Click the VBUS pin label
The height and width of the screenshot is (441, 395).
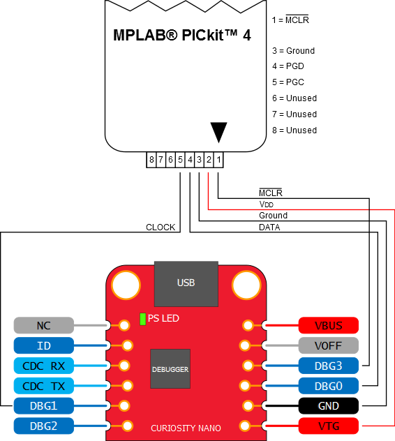pyautogui.click(x=328, y=325)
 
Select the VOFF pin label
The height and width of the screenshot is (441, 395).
pyautogui.click(x=328, y=345)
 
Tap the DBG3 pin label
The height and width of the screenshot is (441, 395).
pyautogui.click(x=328, y=365)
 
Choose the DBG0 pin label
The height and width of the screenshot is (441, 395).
pyautogui.click(x=328, y=385)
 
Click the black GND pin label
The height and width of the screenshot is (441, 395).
pyautogui.click(x=328, y=405)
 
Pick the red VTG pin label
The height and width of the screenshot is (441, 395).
pyautogui.click(x=328, y=425)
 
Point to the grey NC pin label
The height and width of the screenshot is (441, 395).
pyautogui.click(x=43, y=325)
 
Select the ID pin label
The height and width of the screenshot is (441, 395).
pyautogui.click(x=43, y=345)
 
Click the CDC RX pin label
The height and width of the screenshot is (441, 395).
pyautogui.click(x=43, y=365)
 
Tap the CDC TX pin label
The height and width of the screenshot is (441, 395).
pyautogui.click(x=43, y=385)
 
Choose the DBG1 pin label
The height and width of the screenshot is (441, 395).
pyautogui.click(x=43, y=405)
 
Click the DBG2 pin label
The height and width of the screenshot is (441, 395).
pyautogui.click(x=43, y=425)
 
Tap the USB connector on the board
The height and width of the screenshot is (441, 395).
pyautogui.click(x=186, y=283)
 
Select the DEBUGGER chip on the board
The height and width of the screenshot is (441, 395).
pyautogui.click(x=170, y=368)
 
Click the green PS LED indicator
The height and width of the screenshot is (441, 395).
pyautogui.click(x=142, y=319)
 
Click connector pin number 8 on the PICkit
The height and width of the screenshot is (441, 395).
pyautogui.click(x=151, y=160)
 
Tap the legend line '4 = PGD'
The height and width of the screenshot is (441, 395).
pyautogui.click(x=288, y=66)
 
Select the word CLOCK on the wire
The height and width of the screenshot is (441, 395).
pyautogui.click(x=161, y=227)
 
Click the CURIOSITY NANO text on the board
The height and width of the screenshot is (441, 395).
pyautogui.click(x=185, y=428)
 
